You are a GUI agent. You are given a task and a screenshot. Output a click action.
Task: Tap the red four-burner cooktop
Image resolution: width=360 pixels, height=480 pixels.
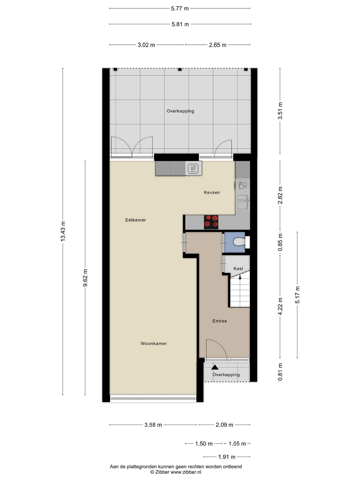click(x=211, y=222)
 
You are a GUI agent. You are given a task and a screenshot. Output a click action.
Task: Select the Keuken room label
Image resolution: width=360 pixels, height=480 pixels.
click(x=212, y=192)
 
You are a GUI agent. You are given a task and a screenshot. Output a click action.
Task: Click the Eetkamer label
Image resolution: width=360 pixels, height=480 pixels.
click(x=136, y=220)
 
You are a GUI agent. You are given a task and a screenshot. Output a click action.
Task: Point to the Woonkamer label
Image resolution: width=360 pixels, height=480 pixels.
click(x=154, y=344)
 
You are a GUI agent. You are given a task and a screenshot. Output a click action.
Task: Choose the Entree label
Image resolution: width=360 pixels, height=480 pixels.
click(x=220, y=321)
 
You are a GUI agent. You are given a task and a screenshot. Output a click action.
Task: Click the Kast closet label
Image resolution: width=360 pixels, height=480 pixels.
click(x=238, y=269)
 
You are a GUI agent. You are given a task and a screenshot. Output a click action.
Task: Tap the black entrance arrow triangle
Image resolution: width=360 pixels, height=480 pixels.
click(x=215, y=367)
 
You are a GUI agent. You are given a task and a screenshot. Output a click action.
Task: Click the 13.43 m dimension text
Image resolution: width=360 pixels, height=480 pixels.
click(x=63, y=231)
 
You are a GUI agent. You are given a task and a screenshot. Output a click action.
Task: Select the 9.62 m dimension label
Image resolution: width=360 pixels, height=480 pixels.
click(x=85, y=278)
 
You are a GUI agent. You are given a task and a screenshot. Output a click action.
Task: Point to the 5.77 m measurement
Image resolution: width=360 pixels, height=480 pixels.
click(x=180, y=9)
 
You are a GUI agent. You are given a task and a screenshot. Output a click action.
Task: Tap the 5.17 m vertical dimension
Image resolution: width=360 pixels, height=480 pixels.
click(x=297, y=295)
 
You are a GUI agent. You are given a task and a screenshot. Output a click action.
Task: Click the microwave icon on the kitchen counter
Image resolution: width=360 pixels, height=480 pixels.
click(x=193, y=168)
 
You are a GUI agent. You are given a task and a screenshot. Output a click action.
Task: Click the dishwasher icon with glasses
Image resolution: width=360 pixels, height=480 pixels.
click(x=242, y=185)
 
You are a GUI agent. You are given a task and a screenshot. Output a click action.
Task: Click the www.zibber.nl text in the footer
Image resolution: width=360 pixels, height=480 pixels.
click(x=186, y=472)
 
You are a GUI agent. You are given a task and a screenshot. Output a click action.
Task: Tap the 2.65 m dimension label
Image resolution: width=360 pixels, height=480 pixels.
click(x=217, y=45)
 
